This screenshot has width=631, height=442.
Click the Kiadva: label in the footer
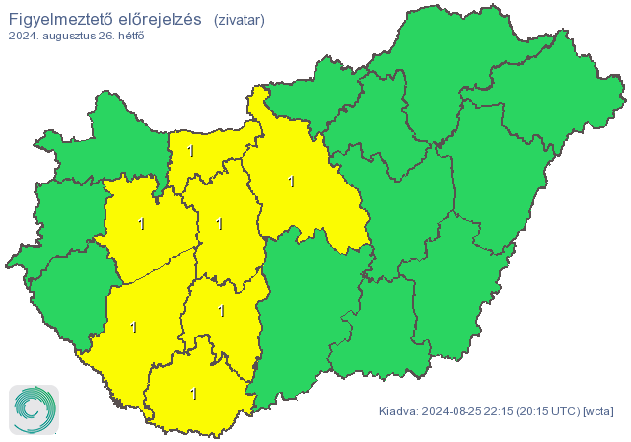pos(398,410)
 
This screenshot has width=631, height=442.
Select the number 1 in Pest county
pos(290,182)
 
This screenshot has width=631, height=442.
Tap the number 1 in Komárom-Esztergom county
pos(190,151)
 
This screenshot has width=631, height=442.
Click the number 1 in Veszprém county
pos(142,224)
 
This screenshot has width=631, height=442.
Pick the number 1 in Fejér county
pos(219,224)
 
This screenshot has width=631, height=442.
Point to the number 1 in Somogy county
pos(133,327)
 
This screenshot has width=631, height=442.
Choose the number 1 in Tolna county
pos(221,311)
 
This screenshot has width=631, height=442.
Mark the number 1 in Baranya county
pos(193,393)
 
